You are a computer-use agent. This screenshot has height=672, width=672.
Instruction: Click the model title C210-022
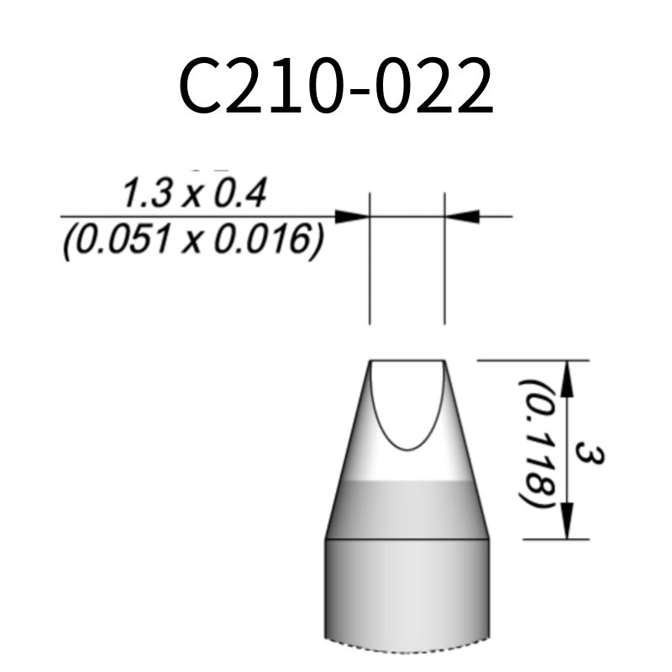pyautogui.click(x=336, y=87)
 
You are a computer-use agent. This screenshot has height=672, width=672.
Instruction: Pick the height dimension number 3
pyautogui.click(x=591, y=454)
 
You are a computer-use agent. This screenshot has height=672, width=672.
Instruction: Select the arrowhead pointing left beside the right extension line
pyautogui.click(x=463, y=217)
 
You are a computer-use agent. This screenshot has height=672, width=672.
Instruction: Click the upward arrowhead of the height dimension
pyautogui.click(x=568, y=378)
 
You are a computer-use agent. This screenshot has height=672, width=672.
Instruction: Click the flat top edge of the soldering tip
pyautogui.click(x=407, y=360)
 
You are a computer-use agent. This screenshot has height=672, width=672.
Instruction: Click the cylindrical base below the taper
pyautogui.click(x=407, y=588)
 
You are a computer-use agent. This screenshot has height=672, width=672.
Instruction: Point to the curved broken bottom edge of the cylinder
pyautogui.click(x=407, y=646)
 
